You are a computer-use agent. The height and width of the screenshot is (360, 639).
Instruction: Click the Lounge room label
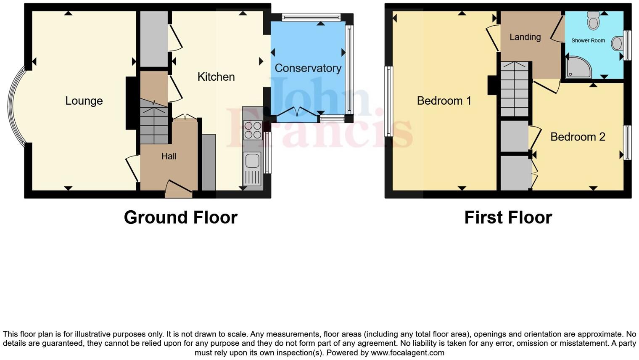84,101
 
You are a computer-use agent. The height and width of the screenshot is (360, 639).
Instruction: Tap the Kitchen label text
216,77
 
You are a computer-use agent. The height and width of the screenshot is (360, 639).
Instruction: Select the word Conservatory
308,68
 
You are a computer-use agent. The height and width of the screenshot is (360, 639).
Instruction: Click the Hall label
169,156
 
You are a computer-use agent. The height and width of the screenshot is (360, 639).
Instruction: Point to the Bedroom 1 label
444,101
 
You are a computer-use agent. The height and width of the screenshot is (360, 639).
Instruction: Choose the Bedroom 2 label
578,137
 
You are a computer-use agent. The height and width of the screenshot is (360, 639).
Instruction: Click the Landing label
525,37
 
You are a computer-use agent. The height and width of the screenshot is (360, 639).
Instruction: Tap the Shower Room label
588,41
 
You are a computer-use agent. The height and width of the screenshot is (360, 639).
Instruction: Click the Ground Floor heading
181,217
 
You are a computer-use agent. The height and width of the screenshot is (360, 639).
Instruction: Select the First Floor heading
508,217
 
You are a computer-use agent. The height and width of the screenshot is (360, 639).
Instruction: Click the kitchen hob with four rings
253,130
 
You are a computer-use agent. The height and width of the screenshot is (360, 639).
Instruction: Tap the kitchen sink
252,161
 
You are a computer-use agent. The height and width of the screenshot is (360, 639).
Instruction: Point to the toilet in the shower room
593,20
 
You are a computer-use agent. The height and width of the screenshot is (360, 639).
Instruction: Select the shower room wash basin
617,43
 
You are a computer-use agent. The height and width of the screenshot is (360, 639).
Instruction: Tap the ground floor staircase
154,124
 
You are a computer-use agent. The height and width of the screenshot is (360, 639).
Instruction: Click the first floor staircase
514,89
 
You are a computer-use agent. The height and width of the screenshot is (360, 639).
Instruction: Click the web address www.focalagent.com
407,353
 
